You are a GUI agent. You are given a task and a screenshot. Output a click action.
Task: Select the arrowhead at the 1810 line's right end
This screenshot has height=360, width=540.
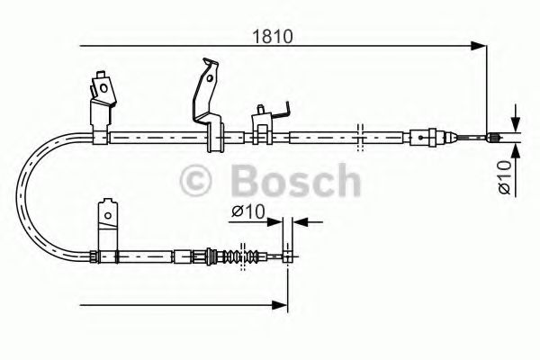(482, 45)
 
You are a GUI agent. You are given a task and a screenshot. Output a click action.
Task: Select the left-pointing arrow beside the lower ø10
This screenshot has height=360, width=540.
(299, 220)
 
